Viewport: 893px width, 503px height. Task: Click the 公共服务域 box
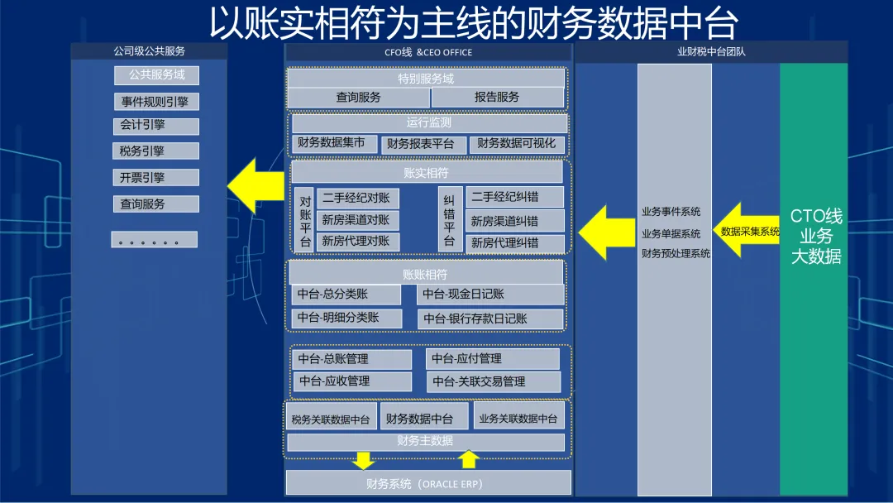(156, 75)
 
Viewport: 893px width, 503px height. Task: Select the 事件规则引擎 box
(156, 102)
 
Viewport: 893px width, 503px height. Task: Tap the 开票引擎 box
(156, 177)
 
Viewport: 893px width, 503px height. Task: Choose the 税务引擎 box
(156, 151)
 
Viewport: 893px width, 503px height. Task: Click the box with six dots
(155, 240)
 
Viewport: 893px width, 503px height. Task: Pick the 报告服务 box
(497, 98)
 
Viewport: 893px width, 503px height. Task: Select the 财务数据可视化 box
(517, 144)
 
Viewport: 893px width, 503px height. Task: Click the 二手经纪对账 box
(357, 199)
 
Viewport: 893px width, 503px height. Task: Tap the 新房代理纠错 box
(504, 243)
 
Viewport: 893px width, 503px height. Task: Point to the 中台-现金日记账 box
(490, 295)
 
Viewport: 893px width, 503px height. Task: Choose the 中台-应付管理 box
(493, 359)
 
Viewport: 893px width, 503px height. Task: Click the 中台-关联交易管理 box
(493, 382)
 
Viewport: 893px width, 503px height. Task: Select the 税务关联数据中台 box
(332, 419)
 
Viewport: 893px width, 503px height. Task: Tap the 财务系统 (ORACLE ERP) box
(427, 483)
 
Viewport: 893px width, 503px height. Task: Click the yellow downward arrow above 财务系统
(364, 460)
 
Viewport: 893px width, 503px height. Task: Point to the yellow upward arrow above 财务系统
(469, 459)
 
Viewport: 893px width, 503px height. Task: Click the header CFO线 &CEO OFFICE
(427, 52)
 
